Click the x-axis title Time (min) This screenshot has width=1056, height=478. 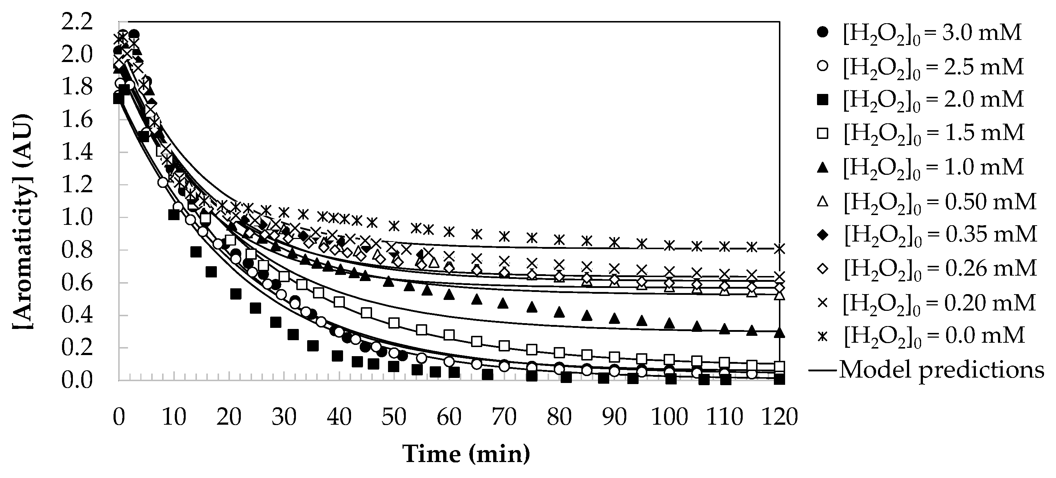466,454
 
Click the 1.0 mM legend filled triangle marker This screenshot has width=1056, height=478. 822,167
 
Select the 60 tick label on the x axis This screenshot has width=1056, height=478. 449,417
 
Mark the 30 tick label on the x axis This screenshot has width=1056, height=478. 284,417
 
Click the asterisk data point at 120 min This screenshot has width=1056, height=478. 780,249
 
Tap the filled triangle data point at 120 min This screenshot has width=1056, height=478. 780,333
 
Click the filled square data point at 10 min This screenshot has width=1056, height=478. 174,214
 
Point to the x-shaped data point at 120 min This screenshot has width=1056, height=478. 780,276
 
